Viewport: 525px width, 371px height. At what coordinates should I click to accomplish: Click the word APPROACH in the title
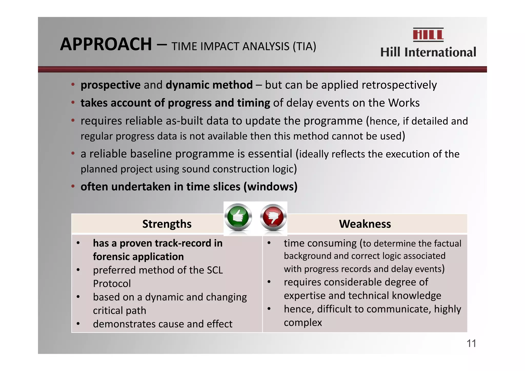(106, 44)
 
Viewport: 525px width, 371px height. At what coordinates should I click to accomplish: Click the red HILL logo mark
(428, 35)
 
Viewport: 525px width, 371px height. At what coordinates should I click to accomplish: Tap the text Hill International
(428, 52)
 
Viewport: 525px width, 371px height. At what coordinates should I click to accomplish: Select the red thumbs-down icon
(273, 217)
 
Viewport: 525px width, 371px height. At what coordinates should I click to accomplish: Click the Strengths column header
(167, 224)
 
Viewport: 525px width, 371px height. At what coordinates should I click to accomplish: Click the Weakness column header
(365, 224)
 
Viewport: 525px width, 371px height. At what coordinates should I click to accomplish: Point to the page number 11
(471, 343)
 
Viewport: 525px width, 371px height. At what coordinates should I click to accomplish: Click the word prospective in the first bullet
(110, 85)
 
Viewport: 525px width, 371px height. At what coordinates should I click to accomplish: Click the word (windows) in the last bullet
(270, 186)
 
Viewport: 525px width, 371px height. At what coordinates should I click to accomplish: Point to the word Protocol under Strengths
(112, 284)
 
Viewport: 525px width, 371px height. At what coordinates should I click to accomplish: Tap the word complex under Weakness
(303, 323)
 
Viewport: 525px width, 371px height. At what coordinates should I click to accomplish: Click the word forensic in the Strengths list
(111, 257)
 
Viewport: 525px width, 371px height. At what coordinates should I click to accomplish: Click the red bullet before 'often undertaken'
(73, 186)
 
